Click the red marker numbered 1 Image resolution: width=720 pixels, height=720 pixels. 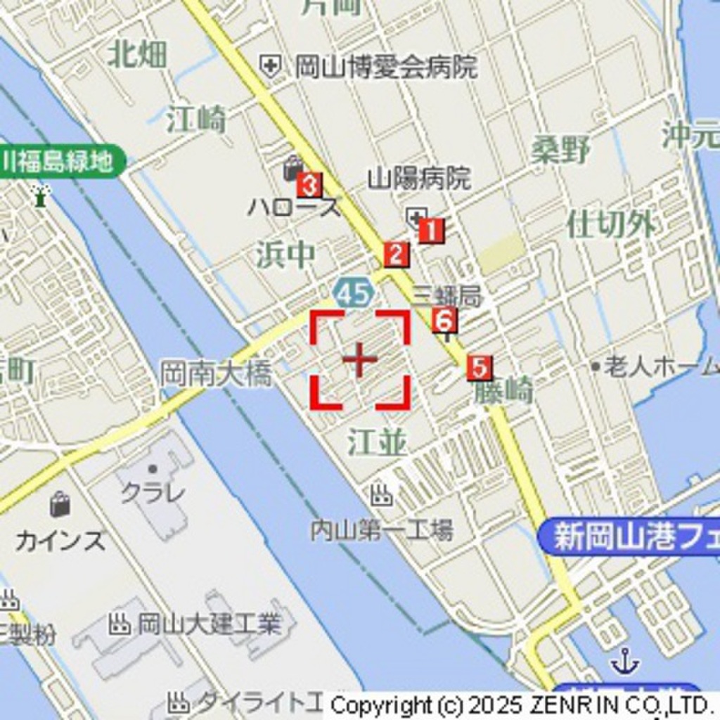[x=431, y=231]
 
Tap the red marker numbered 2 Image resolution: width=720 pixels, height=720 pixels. [x=396, y=255]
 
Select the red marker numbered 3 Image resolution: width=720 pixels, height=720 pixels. [x=309, y=186]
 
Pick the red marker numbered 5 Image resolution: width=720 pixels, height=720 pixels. [x=479, y=368]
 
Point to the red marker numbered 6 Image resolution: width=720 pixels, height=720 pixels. [x=444, y=321]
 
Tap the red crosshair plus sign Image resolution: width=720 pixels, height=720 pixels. [x=360, y=360]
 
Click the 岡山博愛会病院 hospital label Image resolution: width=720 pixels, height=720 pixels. [x=385, y=67]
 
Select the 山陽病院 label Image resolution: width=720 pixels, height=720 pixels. [x=419, y=179]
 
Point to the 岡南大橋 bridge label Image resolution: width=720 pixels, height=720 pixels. [x=215, y=373]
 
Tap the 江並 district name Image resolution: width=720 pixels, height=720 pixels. [x=377, y=443]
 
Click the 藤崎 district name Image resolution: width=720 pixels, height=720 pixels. [x=503, y=392]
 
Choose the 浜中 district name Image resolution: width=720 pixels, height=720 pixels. [x=285, y=255]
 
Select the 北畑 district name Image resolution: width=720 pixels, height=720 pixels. [x=137, y=55]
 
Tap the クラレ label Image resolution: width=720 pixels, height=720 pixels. [x=153, y=491]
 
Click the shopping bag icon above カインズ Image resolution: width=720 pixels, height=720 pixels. [x=60, y=504]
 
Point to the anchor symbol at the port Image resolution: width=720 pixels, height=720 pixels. [x=624, y=661]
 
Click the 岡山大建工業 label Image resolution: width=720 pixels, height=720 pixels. [x=208, y=624]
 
